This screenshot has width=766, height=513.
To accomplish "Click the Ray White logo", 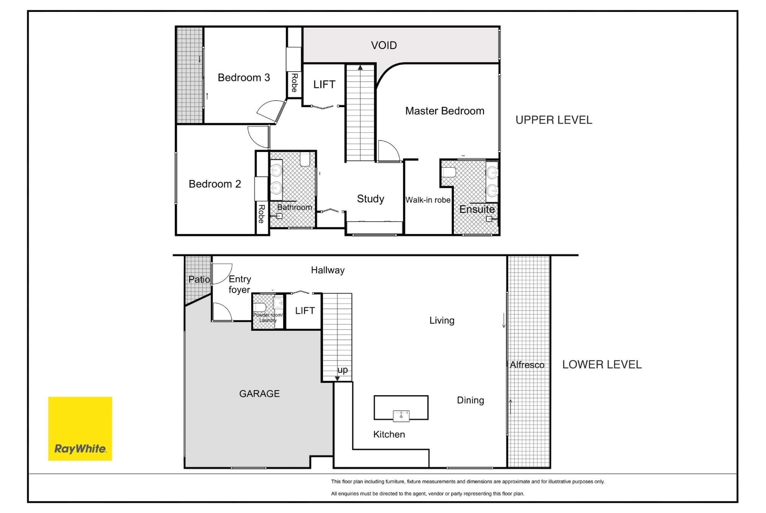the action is pyautogui.click(x=80, y=428).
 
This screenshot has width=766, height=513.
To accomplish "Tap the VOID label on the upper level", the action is pyautogui.click(x=384, y=45).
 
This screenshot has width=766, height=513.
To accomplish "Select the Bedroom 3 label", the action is pyautogui.click(x=244, y=77).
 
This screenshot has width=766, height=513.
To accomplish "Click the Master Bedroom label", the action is pyautogui.click(x=445, y=111).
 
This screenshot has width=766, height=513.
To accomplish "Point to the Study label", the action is pyautogui.click(x=370, y=199).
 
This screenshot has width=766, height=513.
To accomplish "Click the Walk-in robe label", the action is pyautogui.click(x=428, y=200).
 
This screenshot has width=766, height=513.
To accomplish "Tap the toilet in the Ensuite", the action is pyautogui.click(x=448, y=172).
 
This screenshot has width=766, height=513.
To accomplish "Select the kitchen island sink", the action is pyautogui.click(x=401, y=416).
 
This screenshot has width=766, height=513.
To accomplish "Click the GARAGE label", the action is pyautogui.click(x=259, y=394).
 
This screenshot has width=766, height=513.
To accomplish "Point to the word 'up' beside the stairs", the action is pyautogui.click(x=342, y=370).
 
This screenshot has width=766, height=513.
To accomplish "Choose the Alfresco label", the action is pyautogui.click(x=527, y=365).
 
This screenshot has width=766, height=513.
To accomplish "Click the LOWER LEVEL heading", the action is pyautogui.click(x=602, y=364).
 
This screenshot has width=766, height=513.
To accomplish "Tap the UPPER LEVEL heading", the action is pyautogui.click(x=554, y=120).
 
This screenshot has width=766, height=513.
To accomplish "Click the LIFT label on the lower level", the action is pyautogui.click(x=305, y=310).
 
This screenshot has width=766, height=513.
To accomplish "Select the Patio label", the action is pyautogui.click(x=199, y=279).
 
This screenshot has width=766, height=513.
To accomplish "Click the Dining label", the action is pyautogui.click(x=470, y=400).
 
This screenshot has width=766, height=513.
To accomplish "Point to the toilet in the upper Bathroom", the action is pyautogui.click(x=305, y=159).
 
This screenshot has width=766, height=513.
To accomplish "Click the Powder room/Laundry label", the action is pyautogui.click(x=268, y=318).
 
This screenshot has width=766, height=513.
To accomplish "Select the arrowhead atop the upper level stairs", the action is pyautogui.click(x=360, y=68).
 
